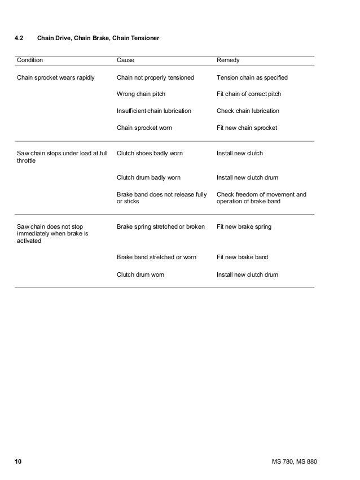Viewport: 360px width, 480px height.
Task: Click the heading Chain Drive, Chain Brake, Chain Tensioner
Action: point(98,39)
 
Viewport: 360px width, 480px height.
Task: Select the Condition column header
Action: point(30,59)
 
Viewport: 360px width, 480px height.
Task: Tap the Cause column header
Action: point(125,59)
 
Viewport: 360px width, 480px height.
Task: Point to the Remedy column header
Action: point(229,59)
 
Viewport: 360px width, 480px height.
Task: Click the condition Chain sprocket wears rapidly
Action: point(56,77)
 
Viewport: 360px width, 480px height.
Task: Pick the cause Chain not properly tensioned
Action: point(155,77)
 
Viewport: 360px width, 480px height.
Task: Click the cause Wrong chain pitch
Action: point(141,94)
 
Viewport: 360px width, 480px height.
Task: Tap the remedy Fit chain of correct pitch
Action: point(249,94)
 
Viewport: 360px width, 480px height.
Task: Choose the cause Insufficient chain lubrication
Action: point(153,111)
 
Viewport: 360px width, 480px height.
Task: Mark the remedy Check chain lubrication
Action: point(248,111)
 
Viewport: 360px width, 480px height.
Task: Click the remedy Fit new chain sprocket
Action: point(247,128)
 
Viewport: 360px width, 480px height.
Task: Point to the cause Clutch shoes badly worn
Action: point(150,153)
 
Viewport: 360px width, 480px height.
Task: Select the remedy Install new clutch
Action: point(240,153)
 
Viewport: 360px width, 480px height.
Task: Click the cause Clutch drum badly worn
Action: point(148,177)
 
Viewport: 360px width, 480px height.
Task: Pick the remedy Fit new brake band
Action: point(242,257)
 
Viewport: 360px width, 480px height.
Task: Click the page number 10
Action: point(18,462)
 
